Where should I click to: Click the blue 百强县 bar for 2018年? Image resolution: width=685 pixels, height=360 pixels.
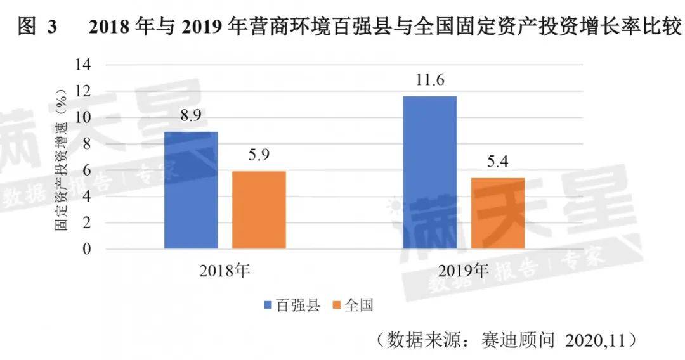coord(191,190)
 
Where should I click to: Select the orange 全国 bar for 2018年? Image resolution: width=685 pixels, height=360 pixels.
coord(259,210)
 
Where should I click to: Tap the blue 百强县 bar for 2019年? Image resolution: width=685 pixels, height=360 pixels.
coord(429,172)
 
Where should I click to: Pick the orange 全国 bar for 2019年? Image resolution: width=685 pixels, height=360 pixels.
coord(498,214)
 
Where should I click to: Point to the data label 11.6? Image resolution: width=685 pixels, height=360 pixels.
coord(429,80)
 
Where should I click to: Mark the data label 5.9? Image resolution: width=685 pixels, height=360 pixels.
coord(259,156)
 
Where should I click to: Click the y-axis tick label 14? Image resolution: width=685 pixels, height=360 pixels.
coord(84,65)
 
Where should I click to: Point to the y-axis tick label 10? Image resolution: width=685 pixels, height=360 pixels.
coord(84,118)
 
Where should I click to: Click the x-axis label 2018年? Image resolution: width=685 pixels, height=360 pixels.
coord(225,271)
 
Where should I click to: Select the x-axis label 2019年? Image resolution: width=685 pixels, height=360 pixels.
coord(464,271)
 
